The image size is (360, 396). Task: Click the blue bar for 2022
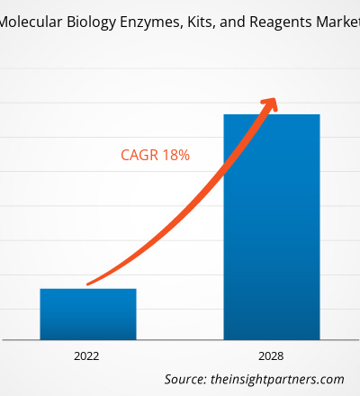(x=88, y=314)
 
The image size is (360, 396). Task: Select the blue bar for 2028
(x=272, y=227)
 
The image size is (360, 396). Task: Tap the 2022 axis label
(x=86, y=356)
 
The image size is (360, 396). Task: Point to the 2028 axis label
(x=271, y=356)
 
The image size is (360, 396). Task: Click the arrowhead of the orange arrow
(x=270, y=104)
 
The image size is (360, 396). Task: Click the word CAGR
(x=139, y=155)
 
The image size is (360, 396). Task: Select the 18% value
(x=176, y=155)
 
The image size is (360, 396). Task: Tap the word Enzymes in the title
(x=152, y=22)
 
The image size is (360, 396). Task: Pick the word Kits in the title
(x=201, y=22)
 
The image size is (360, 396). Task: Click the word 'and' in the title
(x=232, y=22)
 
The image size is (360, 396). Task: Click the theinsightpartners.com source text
(x=277, y=380)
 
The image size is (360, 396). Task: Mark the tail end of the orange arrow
(x=87, y=283)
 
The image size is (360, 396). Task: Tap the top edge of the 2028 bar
(x=272, y=114)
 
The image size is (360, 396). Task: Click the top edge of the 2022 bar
(x=88, y=289)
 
